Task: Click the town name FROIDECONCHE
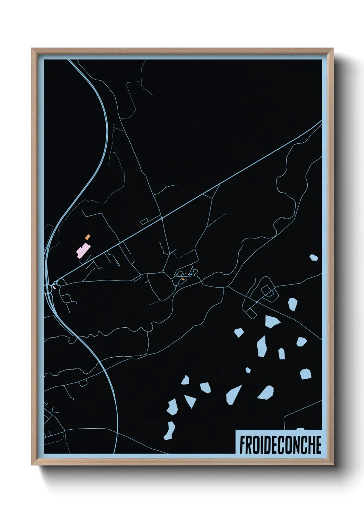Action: [280, 445]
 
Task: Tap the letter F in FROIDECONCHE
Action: [242, 445]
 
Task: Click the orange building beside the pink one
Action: [88, 237]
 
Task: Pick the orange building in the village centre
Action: [183, 279]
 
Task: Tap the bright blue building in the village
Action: [191, 274]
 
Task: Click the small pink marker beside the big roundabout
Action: [54, 287]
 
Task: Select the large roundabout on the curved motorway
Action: [48, 288]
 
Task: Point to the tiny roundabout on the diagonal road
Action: [161, 218]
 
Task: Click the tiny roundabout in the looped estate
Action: [257, 302]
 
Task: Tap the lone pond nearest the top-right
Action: [313, 257]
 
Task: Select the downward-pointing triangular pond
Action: [190, 401]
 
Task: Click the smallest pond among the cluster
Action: [248, 370]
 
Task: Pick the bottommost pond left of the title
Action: [169, 431]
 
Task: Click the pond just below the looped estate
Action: [272, 322]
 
